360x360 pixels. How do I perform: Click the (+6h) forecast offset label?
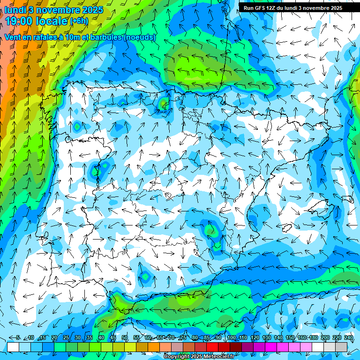(x=79, y=21)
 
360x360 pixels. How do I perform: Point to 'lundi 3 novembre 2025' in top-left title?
(x=54, y=9)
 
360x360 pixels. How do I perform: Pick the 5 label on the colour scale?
(x=17, y=338)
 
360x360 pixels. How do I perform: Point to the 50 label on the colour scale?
(x=125, y=338)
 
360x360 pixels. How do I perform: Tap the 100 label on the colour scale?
(x=231, y=338)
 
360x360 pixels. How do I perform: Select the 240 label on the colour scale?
(x=349, y=338)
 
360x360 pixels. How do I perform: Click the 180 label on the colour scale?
(x=313, y=338)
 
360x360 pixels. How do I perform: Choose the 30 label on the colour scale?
(x=77, y=338)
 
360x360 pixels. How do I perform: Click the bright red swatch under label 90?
(x=212, y=347)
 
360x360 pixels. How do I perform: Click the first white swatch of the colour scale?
(x=13, y=347)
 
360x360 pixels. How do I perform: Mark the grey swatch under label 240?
(x=341, y=347)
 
